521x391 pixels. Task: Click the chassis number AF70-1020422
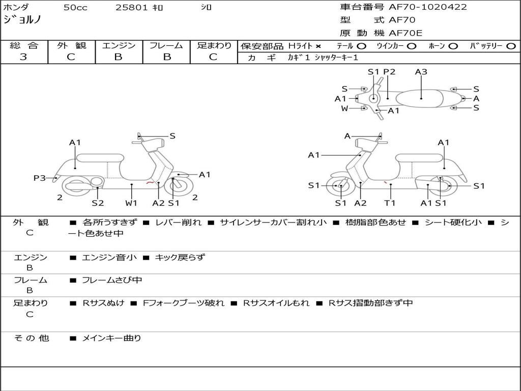tap(428, 7)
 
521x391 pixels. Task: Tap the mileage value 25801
tap(132, 8)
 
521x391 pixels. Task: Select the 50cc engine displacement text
tap(75, 8)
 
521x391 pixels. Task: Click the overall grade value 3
tap(23, 57)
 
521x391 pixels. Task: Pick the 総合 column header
tap(24, 45)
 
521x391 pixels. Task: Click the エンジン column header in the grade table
tap(119, 45)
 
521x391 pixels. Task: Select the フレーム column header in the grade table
tap(166, 45)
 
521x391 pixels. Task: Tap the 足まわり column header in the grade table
tap(214, 45)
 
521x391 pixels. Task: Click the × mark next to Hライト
tap(319, 46)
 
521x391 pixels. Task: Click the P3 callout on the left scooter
tap(40, 178)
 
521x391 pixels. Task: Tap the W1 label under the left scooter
tap(132, 203)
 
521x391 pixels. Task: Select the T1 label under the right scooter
tap(390, 203)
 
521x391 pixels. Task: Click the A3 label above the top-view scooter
tap(421, 72)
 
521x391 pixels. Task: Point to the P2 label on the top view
tap(389, 72)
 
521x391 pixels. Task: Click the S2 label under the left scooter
tap(98, 203)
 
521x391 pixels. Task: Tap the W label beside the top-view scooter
tap(344, 108)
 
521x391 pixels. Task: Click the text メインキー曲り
tap(111, 338)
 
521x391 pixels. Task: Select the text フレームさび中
tap(112, 280)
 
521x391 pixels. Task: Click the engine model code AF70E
tap(406, 33)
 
